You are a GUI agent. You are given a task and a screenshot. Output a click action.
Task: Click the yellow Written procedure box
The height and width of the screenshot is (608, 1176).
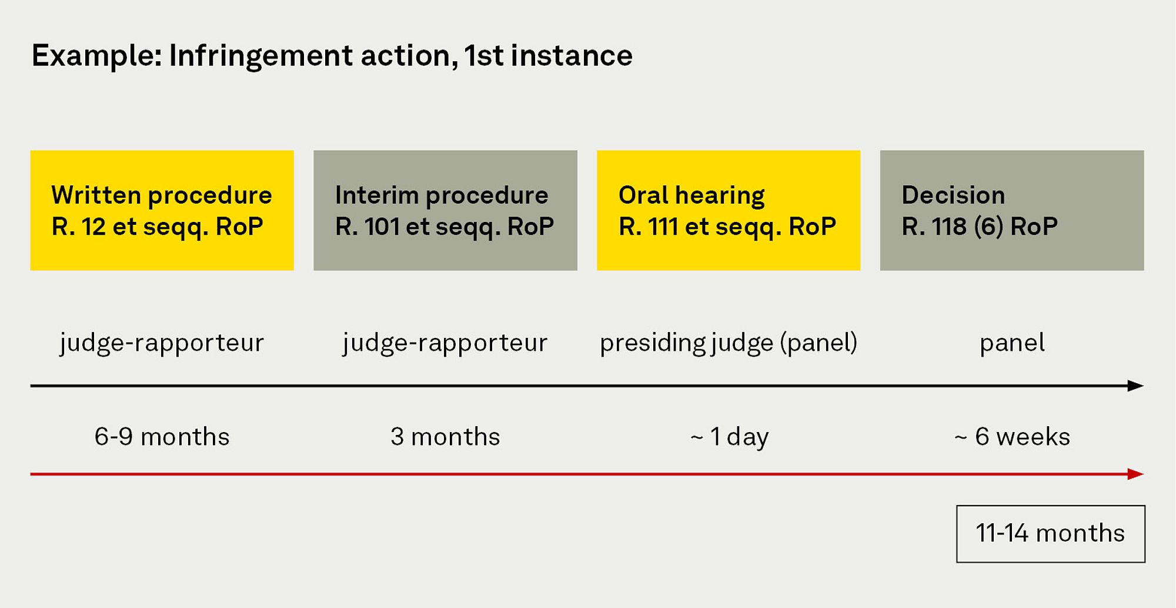162,210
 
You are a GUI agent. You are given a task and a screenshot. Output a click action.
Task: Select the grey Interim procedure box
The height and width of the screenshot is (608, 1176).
445,210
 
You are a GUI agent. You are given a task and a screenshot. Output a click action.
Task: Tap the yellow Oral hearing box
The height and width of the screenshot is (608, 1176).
729,210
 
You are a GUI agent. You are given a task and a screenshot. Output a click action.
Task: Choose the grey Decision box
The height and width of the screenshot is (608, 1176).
1012,210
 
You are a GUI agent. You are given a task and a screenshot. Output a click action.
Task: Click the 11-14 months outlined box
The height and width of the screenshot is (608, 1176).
1051,534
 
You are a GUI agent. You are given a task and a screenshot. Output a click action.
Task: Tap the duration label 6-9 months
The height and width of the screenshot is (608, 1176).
162,437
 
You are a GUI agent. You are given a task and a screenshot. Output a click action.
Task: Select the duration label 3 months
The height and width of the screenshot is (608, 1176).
445,437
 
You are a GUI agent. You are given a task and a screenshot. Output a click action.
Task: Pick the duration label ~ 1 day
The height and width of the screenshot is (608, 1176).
729,437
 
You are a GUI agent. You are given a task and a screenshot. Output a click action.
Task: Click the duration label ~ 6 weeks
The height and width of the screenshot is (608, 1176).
1012,437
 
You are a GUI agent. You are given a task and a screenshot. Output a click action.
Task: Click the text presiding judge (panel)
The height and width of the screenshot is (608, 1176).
729,343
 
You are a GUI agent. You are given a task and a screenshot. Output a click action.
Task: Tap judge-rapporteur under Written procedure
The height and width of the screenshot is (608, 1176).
162,343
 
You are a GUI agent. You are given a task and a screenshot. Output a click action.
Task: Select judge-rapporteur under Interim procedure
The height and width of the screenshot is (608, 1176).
445,343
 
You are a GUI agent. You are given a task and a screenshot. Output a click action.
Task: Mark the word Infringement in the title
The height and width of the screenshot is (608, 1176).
260,57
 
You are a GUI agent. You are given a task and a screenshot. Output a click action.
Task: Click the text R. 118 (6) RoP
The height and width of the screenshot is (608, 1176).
980,227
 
